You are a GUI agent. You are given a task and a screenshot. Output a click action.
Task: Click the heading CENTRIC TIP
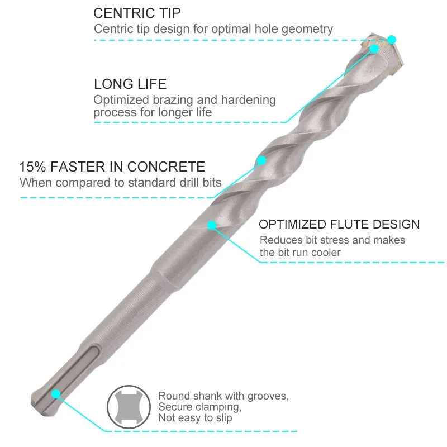[137, 13]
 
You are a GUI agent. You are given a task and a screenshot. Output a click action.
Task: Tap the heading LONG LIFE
[130, 84]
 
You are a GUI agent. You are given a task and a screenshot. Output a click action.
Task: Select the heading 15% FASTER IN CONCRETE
[112, 167]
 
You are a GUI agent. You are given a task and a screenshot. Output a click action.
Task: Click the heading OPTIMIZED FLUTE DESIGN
[339, 225]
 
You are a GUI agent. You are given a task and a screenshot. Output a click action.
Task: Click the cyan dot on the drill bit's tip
[392, 40]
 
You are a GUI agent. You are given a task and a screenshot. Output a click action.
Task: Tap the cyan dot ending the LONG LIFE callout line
[374, 49]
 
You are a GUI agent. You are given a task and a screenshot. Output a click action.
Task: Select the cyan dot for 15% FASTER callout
[260, 161]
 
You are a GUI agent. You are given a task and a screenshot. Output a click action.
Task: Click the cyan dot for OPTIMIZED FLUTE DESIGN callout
[212, 225]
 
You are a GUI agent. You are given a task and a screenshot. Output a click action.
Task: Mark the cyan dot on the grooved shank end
[56, 394]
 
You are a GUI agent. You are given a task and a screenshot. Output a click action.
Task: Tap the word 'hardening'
[249, 100]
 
